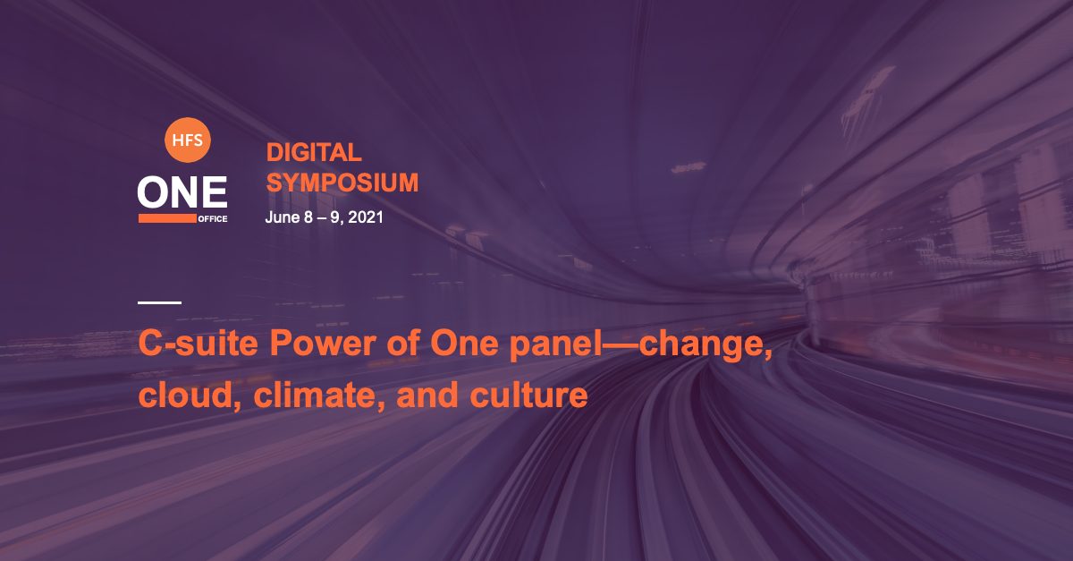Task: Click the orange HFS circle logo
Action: pyautogui.click(x=187, y=140)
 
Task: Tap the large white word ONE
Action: pyautogui.click(x=182, y=191)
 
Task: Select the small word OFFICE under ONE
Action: pyautogui.click(x=213, y=218)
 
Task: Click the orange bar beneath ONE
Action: pyautogui.click(x=167, y=218)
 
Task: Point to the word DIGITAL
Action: pyautogui.click(x=314, y=152)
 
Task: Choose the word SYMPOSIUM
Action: pyautogui.click(x=342, y=183)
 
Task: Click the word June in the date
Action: pyautogui.click(x=283, y=217)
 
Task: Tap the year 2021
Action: pyautogui.click(x=366, y=217)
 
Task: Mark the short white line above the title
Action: pyautogui.click(x=159, y=302)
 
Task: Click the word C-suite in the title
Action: pyautogui.click(x=199, y=343)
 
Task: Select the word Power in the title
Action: pyautogui.click(x=323, y=343)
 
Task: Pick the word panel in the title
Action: pyautogui.click(x=555, y=343)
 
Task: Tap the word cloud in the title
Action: pyautogui.click(x=190, y=395)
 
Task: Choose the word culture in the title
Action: pyautogui.click(x=528, y=395)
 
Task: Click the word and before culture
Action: pyautogui.click(x=427, y=395)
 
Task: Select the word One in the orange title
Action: pyautogui.click(x=464, y=343)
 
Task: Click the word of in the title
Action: pyautogui.click(x=403, y=343)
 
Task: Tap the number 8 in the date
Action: pyautogui.click(x=308, y=217)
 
